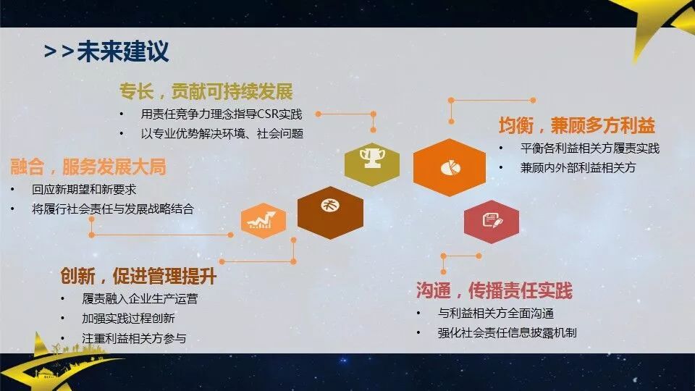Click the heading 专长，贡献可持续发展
point(206,92)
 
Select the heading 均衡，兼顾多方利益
point(576,125)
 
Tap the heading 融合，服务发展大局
point(88,167)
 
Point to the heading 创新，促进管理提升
point(138,277)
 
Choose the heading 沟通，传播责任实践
point(494,291)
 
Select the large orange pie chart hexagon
point(449,167)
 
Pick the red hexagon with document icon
point(492,221)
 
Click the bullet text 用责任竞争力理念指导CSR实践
point(221,114)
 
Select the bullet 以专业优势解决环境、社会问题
point(222,133)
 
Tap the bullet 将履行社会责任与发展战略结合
point(112,209)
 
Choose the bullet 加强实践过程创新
point(128,318)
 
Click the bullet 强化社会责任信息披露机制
point(507,332)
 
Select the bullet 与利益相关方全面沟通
point(496,314)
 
